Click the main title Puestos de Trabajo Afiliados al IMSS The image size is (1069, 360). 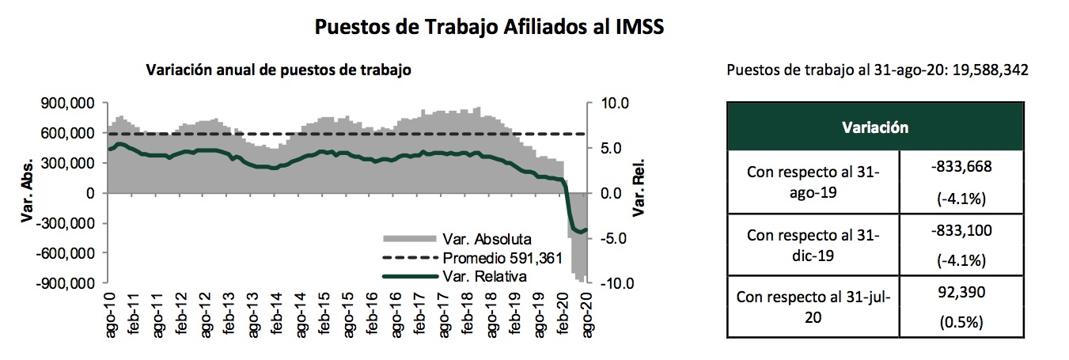tap(488, 26)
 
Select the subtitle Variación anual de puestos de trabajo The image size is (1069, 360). tap(279, 70)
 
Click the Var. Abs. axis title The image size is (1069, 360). tap(26, 193)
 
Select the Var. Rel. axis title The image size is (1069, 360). tap(639, 193)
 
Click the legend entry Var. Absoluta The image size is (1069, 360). tap(487, 238)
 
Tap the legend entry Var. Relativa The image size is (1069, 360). tap(485, 276)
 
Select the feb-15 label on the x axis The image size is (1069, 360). tap(324, 316)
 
